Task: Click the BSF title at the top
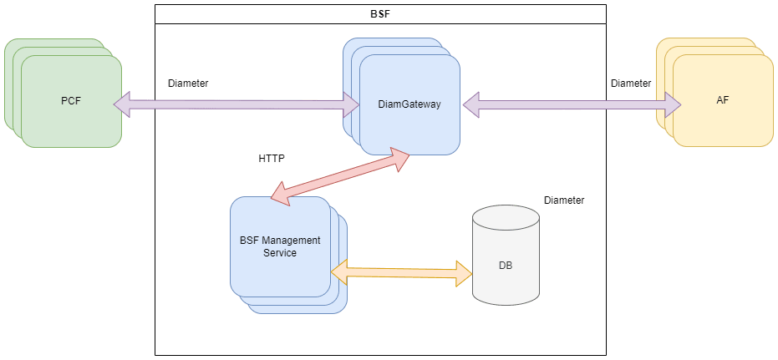379,14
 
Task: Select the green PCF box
70,101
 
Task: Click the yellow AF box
722,100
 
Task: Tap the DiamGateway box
409,104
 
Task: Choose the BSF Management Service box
280,246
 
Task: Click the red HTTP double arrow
339,178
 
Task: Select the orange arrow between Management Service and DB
401,272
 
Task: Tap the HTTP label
272,157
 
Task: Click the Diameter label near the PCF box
188,84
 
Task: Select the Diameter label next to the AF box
631,84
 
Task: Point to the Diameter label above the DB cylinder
564,200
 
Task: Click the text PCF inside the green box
70,101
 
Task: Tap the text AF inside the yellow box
722,100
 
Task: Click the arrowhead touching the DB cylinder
463,272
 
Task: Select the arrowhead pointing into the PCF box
122,104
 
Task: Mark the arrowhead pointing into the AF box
673,105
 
